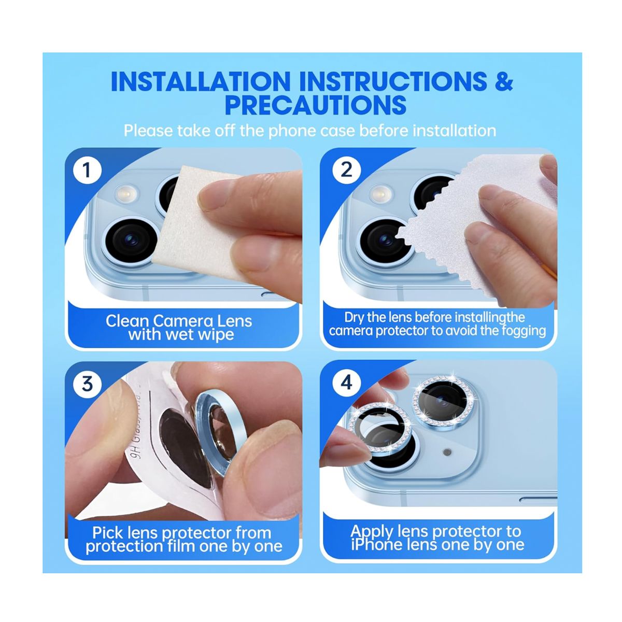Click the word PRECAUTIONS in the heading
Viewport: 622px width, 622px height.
point(315,105)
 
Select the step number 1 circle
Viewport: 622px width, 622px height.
point(87,170)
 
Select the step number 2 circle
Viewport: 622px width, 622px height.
point(346,170)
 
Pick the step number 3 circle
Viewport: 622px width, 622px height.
point(87,384)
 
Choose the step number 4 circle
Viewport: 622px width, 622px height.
point(346,383)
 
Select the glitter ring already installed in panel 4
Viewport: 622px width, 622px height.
point(443,399)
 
